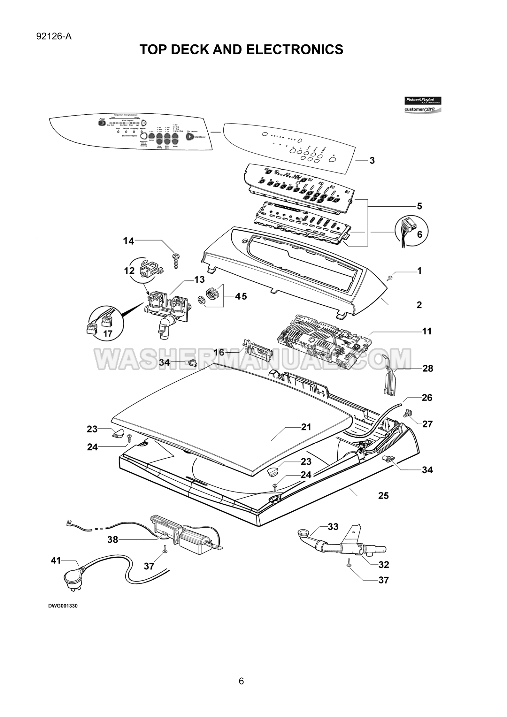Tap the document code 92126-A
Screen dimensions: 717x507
54,37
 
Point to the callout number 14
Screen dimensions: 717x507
129,241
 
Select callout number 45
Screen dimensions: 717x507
241,296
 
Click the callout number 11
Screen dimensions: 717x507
427,331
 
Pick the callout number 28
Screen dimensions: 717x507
428,368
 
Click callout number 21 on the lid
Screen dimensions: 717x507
306,427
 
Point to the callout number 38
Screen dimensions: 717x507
113,539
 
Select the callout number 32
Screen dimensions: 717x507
384,565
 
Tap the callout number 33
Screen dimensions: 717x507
333,527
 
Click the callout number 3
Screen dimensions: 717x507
372,160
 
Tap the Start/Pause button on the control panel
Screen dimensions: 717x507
190,137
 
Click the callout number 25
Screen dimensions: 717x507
383,495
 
